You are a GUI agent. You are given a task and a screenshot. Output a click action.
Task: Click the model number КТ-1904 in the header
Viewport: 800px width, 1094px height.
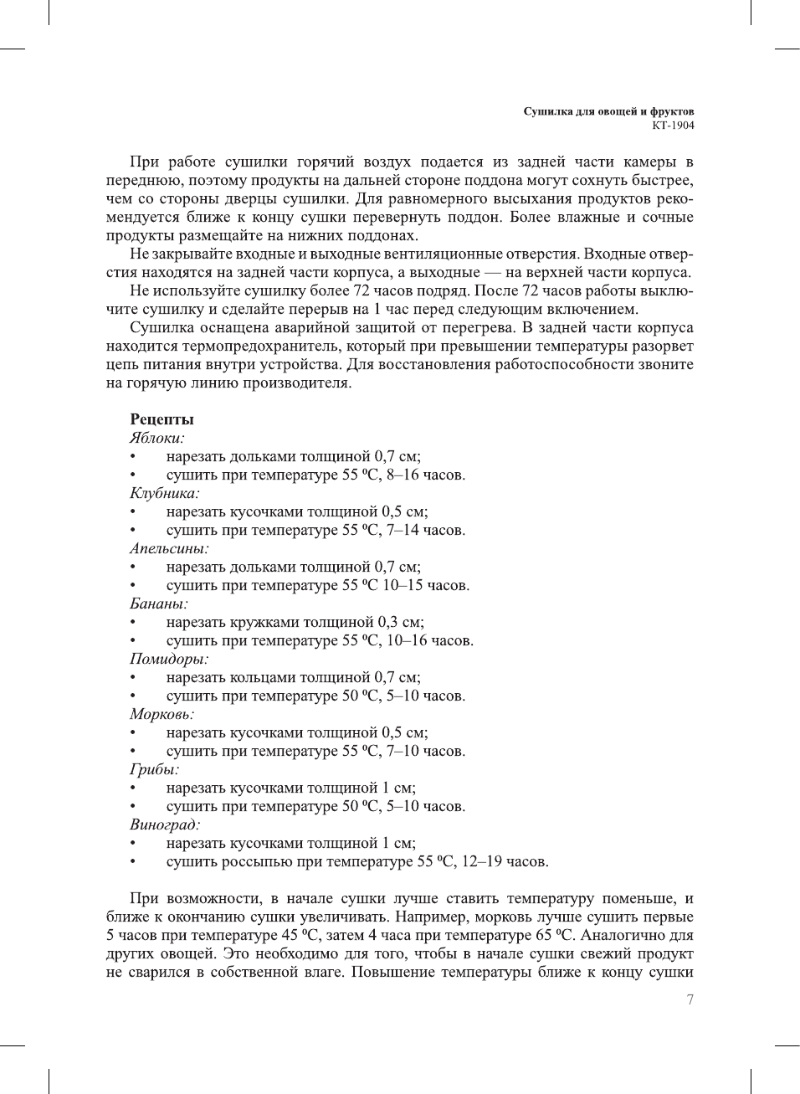(673, 126)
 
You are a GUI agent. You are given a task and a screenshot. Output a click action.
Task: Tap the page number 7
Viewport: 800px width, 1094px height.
(690, 999)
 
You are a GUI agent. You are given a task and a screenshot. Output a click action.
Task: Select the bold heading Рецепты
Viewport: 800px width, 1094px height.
(162, 419)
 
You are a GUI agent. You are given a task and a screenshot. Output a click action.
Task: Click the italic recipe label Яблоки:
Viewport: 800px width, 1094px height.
(157, 438)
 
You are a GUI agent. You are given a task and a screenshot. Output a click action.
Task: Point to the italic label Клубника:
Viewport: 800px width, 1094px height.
(165, 493)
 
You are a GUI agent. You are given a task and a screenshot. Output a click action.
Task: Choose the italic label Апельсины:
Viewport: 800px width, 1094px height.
(169, 548)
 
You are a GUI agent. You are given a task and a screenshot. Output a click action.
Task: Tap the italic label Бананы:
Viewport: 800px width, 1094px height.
(159, 603)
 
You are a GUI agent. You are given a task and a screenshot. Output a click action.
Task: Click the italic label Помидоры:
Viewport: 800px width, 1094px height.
(169, 659)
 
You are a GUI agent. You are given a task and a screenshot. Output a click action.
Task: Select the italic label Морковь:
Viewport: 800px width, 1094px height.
(162, 714)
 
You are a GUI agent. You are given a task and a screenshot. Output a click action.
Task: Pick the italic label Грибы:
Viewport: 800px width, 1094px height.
(155, 769)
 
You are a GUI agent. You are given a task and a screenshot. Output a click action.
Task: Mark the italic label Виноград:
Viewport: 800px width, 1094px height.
(165, 824)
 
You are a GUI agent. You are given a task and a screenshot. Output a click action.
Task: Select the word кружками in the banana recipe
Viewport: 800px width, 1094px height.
(258, 622)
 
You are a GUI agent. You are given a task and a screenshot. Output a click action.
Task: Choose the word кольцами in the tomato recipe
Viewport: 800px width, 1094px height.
(256, 677)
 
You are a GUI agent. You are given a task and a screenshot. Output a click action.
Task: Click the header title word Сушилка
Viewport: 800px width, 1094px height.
(547, 111)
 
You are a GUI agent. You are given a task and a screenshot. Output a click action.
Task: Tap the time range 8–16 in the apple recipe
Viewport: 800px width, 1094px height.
(403, 475)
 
